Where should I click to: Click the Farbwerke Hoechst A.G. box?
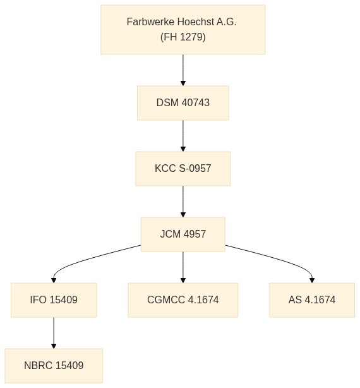[183, 30]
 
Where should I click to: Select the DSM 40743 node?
[183, 103]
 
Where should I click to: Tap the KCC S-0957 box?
[183, 169]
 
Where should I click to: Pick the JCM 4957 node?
[183, 234]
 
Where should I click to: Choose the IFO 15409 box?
[54, 300]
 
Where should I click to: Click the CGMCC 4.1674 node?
[183, 300]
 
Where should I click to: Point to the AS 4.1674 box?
[312, 300]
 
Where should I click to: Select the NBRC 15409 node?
[54, 366]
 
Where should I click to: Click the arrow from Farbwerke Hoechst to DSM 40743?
[183, 70]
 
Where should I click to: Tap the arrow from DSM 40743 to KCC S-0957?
[183, 136]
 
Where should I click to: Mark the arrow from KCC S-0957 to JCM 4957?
[183, 202]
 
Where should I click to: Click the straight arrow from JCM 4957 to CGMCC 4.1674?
[183, 267]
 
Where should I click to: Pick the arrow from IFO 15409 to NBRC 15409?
[54, 333]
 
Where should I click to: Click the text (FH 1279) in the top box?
[183, 37]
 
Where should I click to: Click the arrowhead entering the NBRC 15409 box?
[54, 346]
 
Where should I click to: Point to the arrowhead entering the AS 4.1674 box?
[312, 281]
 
